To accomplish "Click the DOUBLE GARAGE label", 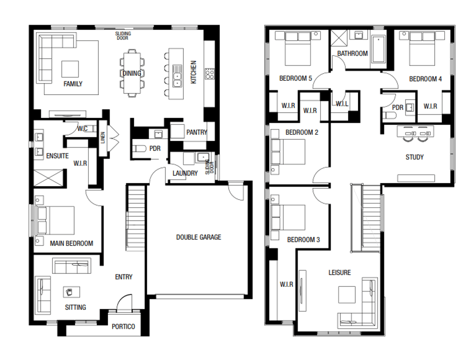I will [x=198, y=237].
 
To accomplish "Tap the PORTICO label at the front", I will [x=123, y=326].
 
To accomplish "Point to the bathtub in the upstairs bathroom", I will [x=378, y=50].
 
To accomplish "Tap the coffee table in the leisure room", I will [x=347, y=294].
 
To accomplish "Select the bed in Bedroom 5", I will [x=298, y=52].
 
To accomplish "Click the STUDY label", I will [x=414, y=157].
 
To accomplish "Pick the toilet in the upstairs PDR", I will [x=389, y=116].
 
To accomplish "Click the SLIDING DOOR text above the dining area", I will [x=123, y=36].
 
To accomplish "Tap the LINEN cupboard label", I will [x=102, y=138].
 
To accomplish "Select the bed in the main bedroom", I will [x=56, y=220].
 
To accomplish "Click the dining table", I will [x=132, y=73].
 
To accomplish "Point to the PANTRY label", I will [x=196, y=132].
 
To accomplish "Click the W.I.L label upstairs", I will [x=342, y=104].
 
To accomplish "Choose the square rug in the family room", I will [x=70, y=69].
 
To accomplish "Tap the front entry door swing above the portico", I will [x=125, y=302].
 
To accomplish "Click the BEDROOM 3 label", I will [x=303, y=240].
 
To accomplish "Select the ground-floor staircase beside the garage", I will [x=135, y=218].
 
